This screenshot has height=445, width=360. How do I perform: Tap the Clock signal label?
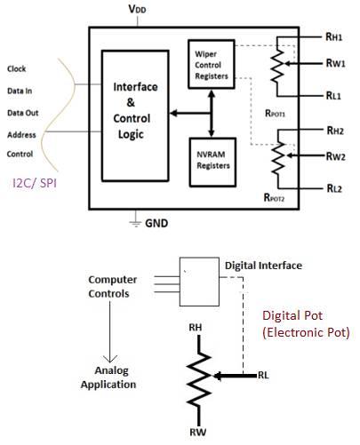17,68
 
